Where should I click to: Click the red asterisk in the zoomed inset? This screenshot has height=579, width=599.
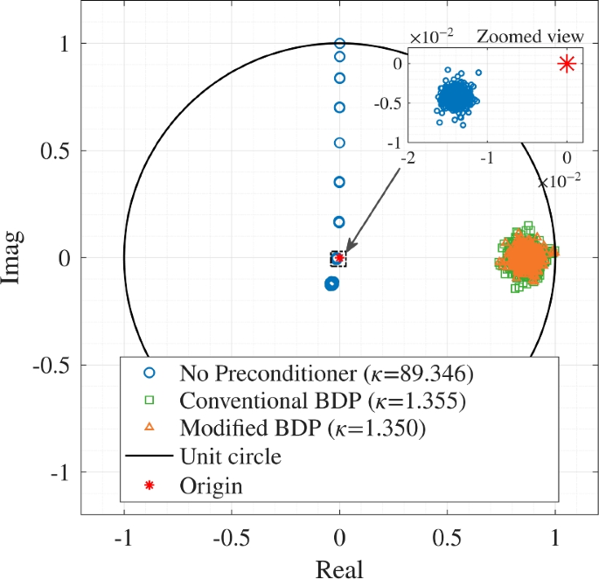[567, 63]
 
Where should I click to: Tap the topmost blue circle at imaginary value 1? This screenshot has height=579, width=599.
[340, 43]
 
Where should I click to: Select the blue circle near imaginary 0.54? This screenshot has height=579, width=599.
[340, 142]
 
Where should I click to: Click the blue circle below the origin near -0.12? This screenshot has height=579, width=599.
[331, 283]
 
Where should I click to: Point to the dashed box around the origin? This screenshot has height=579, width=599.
[338, 258]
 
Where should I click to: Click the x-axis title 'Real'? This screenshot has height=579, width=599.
[339, 568]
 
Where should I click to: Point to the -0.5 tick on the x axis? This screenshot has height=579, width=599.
[232, 534]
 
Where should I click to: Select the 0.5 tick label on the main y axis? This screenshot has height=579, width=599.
[59, 150]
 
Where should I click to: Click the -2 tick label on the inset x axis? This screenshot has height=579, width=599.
[407, 157]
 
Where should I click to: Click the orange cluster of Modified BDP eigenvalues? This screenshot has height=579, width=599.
[523, 258]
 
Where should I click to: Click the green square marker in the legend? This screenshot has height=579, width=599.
[149, 401]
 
